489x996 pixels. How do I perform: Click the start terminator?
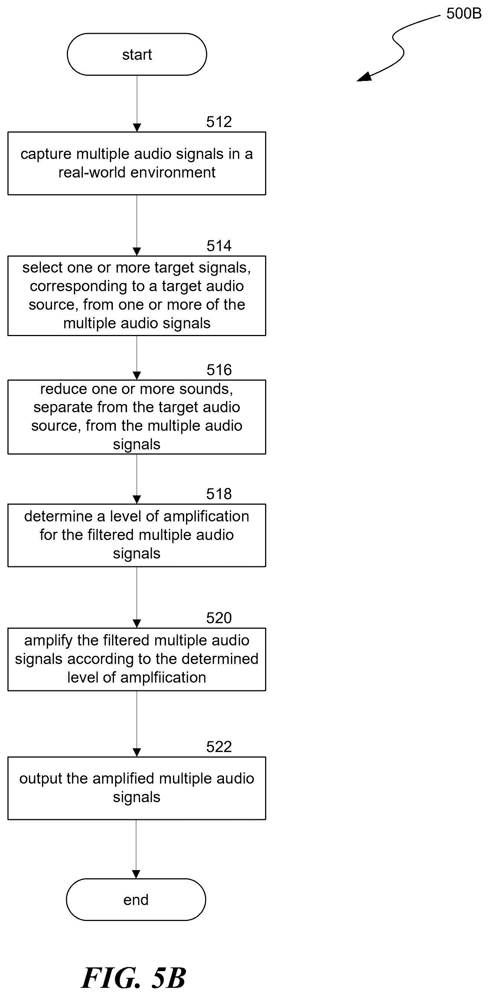click(137, 54)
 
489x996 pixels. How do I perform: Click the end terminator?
click(136, 900)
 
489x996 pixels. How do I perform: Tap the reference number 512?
click(219, 122)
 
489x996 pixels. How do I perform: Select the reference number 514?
click(219, 246)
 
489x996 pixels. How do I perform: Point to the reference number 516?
click(219, 370)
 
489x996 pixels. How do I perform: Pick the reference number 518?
click(219, 494)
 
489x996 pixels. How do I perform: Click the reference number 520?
click(219, 618)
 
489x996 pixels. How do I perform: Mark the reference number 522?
click(219, 746)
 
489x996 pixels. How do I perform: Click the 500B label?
click(464, 13)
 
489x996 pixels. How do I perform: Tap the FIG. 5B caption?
click(134, 977)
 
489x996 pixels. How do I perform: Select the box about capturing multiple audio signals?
click(137, 163)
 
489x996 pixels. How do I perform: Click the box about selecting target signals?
click(137, 296)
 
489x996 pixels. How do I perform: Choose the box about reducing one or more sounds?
click(137, 417)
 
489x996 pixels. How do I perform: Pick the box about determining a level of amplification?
click(137, 535)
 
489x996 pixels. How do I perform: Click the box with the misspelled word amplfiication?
click(137, 659)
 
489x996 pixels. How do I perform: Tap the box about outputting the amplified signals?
click(137, 788)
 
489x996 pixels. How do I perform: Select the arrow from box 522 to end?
click(136, 849)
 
